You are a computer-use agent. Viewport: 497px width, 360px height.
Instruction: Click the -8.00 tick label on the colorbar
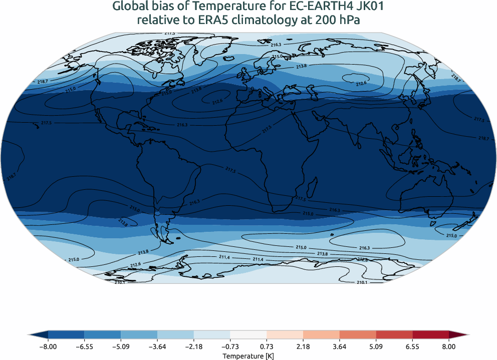click(49, 346)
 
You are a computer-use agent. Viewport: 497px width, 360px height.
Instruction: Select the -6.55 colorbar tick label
click(85, 346)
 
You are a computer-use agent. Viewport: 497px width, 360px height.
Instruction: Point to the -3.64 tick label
click(157, 346)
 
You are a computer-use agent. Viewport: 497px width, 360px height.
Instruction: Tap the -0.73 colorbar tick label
click(230, 346)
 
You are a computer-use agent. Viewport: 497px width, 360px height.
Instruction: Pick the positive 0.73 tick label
click(267, 346)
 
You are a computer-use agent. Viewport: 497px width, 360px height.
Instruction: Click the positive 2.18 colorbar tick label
click(304, 346)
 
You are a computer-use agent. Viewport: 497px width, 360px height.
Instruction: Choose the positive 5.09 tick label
click(376, 346)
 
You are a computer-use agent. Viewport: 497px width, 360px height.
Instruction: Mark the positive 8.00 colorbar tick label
click(449, 346)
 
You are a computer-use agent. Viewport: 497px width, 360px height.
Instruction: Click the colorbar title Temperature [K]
click(248, 356)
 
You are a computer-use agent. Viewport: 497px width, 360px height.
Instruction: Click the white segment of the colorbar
click(248, 334)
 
